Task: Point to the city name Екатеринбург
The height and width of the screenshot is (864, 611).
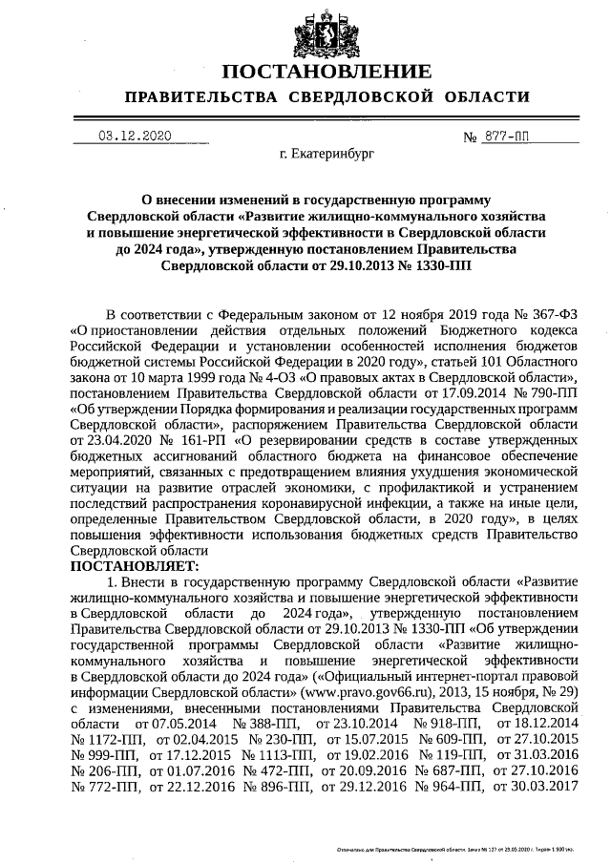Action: [x=321, y=153]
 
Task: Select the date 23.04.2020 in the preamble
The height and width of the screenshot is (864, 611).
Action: [x=105, y=441]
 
